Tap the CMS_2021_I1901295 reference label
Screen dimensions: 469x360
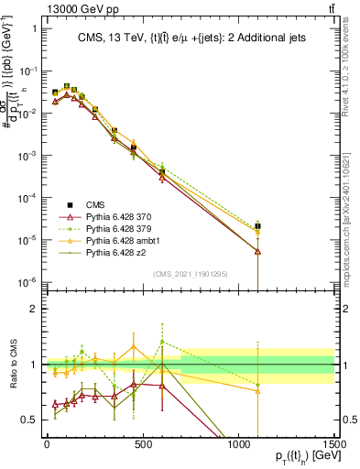191,274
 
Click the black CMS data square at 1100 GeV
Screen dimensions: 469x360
258,225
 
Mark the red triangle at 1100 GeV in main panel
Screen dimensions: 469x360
258,250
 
